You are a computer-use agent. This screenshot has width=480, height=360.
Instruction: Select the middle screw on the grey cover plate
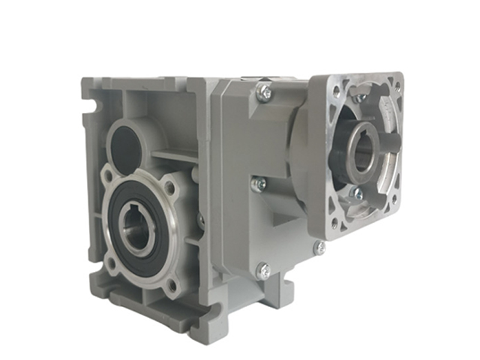259,185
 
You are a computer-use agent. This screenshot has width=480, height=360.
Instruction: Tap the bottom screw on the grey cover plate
263,271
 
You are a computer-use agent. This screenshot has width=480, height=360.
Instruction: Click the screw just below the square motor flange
320,247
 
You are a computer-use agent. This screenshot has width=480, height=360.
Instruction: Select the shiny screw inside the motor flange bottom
356,193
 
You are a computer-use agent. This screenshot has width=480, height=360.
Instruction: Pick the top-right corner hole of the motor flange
397,85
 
